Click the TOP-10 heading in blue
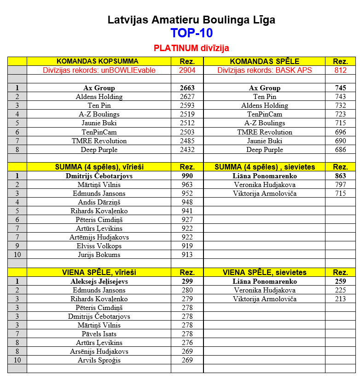(191, 33)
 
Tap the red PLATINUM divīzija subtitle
(191, 48)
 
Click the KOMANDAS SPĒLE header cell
(264, 61)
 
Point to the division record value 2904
(187, 70)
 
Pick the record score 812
(340, 70)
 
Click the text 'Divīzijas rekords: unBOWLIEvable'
(99, 70)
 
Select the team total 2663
(187, 88)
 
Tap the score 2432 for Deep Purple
(187, 150)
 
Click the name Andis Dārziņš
(99, 202)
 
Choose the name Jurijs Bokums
(99, 255)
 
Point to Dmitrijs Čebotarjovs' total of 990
(187, 176)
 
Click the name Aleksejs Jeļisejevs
(99, 281)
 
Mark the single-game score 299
(187, 281)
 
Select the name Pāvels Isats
(99, 334)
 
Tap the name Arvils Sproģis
(99, 360)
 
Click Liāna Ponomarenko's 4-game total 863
(340, 176)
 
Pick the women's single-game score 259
(340, 281)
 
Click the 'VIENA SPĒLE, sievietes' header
(264, 273)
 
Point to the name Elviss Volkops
(99, 246)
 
